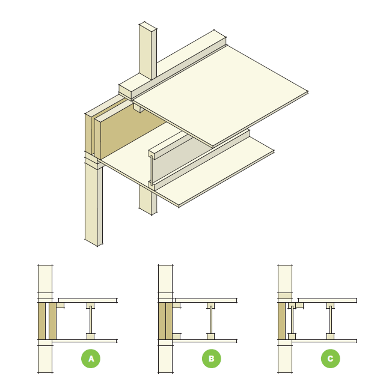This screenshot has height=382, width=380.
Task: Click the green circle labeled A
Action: [x=91, y=359]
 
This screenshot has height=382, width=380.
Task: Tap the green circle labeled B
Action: [x=211, y=359]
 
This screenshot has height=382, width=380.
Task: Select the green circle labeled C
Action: [x=330, y=359]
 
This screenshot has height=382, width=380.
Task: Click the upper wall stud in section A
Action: [x=46, y=279]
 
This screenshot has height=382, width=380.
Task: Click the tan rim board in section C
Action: [x=281, y=321]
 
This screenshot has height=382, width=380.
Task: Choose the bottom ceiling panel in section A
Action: [x=84, y=341]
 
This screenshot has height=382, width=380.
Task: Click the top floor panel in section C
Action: [x=328, y=300]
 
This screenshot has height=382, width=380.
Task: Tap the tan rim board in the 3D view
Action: [x=129, y=132]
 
